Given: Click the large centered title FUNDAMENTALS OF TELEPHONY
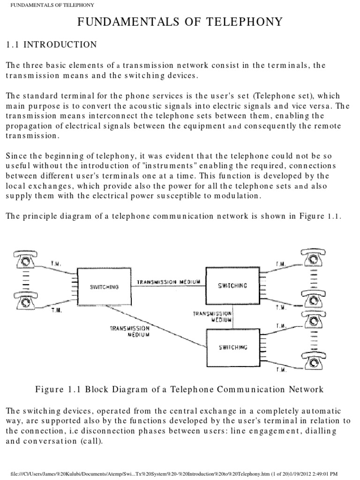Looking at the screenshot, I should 180,22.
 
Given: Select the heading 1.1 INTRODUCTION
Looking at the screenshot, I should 51,45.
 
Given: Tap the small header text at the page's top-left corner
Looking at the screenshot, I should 49,5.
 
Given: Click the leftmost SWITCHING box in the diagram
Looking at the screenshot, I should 105,286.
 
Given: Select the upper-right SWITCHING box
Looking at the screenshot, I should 233,285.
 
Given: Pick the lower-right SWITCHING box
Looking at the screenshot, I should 233,347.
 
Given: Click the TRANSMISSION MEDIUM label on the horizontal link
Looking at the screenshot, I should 169,282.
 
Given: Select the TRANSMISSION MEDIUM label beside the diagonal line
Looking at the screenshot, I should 130,332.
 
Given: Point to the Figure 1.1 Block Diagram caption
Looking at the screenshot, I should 180,389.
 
